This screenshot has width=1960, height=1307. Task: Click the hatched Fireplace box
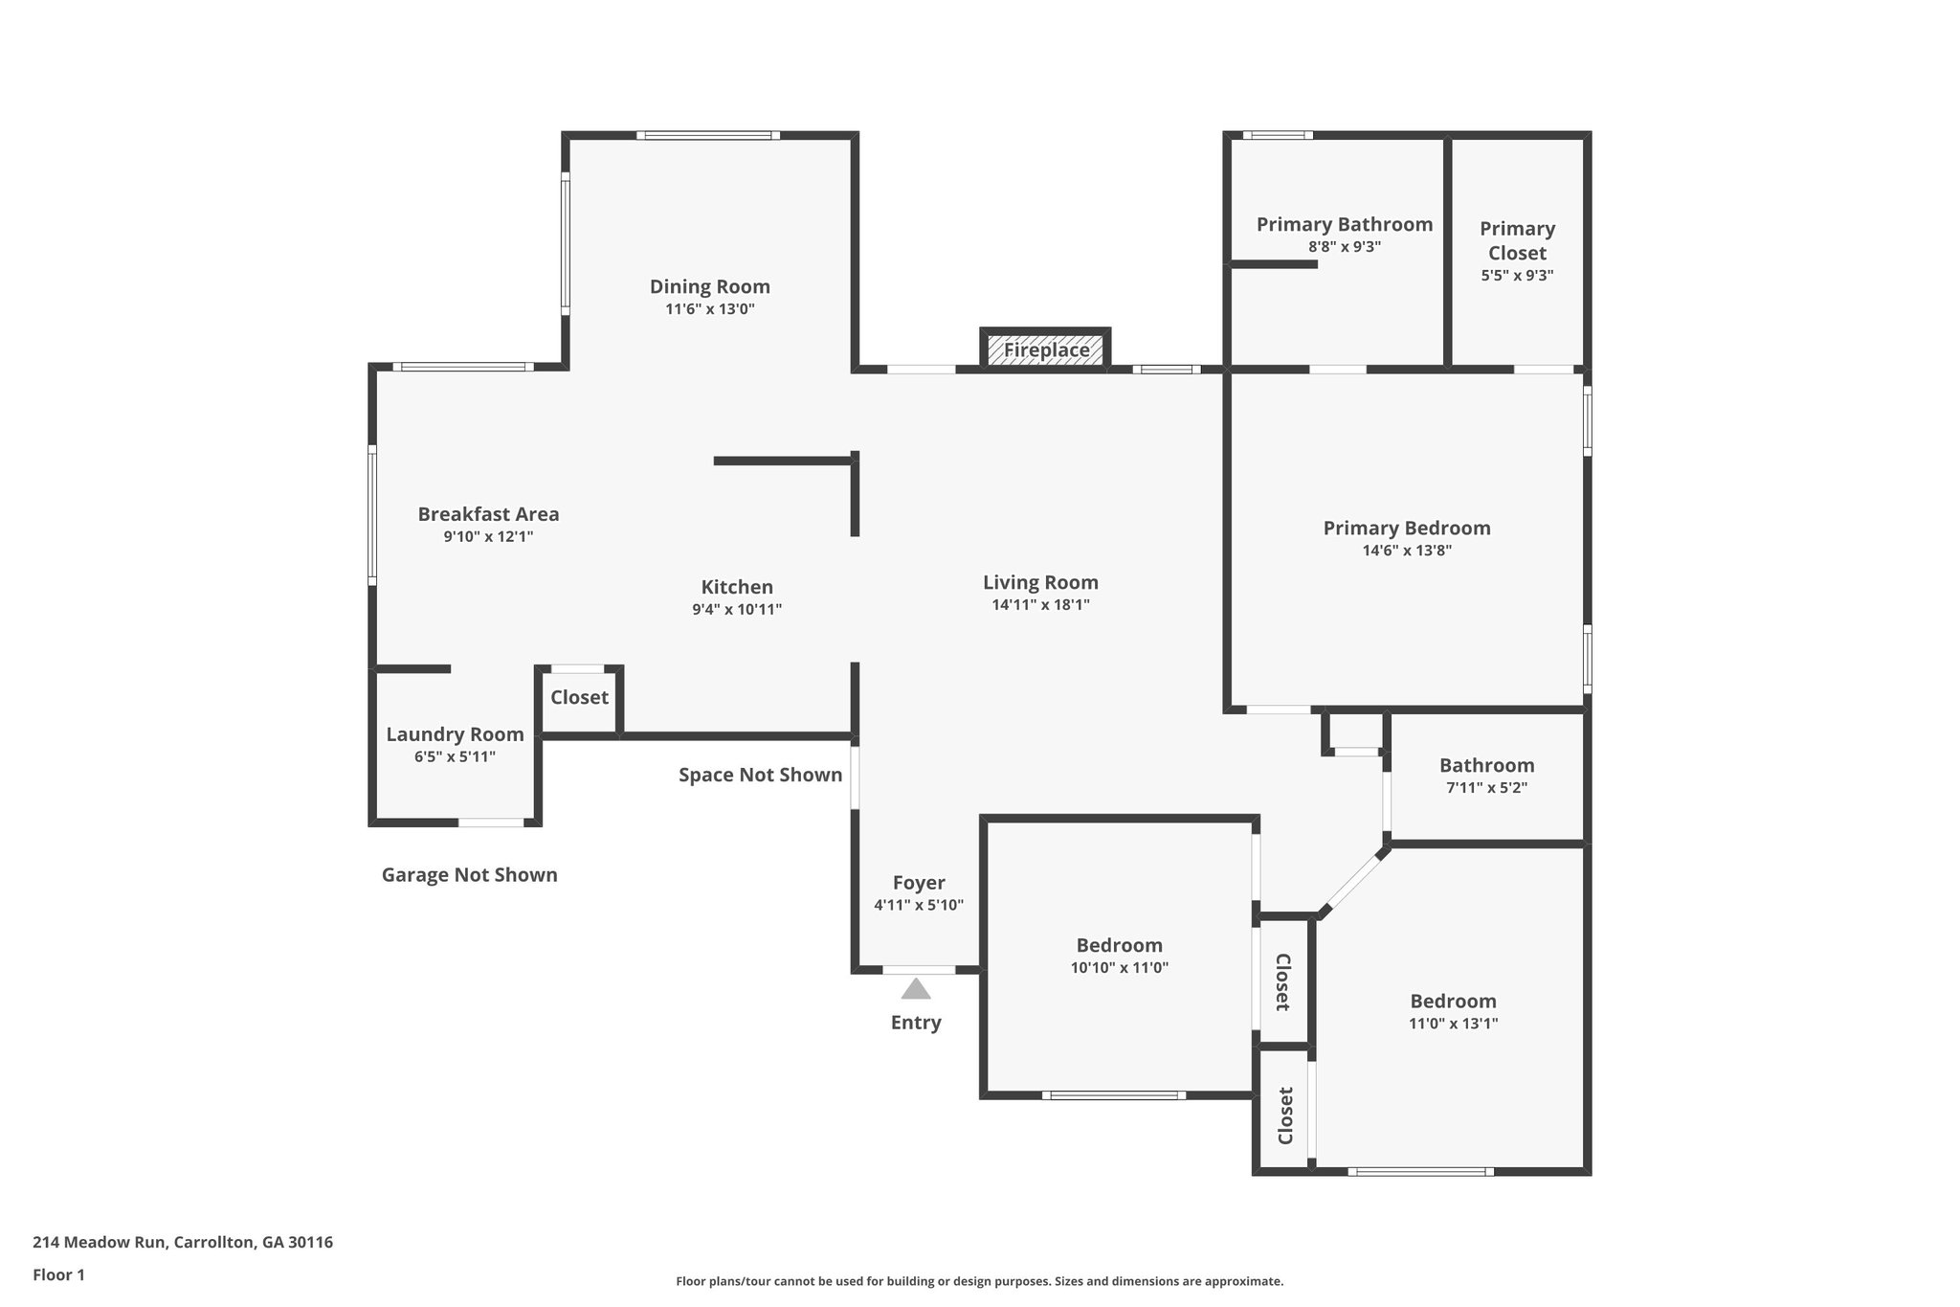(1046, 349)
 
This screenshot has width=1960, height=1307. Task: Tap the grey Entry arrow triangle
(916, 988)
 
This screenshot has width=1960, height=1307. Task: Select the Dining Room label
(709, 286)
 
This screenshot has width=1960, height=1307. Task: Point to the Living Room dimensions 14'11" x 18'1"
(1040, 605)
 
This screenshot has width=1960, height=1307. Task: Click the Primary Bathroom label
(1344, 224)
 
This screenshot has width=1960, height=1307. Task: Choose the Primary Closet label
(1517, 240)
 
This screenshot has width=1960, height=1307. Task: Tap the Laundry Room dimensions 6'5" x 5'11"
(455, 756)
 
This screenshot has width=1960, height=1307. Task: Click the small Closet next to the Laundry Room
(579, 697)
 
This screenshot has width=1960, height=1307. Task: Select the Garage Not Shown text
(469, 874)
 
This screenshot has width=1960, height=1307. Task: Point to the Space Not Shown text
(760, 775)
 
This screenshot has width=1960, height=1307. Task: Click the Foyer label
(919, 883)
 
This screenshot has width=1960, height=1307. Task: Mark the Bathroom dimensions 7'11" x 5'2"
(1486, 788)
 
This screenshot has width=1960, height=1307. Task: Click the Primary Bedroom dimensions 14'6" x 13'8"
(1407, 551)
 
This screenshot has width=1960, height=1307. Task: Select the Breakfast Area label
(488, 514)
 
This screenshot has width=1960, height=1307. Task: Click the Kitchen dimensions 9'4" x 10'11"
(737, 609)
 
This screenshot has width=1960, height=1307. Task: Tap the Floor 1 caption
(58, 1274)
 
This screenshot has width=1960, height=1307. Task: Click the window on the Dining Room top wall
(708, 135)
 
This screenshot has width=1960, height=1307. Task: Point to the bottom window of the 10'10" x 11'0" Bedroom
(1114, 1094)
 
